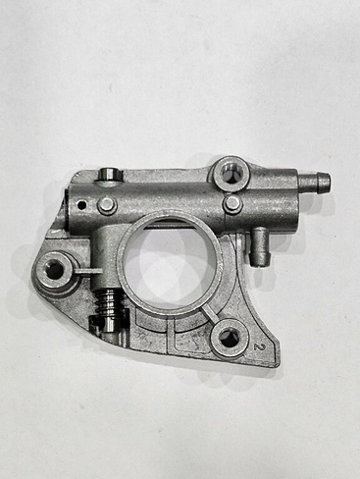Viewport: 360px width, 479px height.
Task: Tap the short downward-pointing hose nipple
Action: click(x=261, y=247)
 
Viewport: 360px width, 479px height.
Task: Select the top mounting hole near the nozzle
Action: click(x=231, y=174)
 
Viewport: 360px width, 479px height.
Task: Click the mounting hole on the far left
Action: click(x=54, y=271)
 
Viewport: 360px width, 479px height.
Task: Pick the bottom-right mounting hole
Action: click(x=229, y=339)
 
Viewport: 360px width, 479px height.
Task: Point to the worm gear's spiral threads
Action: click(x=110, y=302)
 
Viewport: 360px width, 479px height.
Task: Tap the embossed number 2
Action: click(x=258, y=346)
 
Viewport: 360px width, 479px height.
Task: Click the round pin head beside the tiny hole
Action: click(x=107, y=205)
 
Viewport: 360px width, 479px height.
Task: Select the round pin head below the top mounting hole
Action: click(x=233, y=203)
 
